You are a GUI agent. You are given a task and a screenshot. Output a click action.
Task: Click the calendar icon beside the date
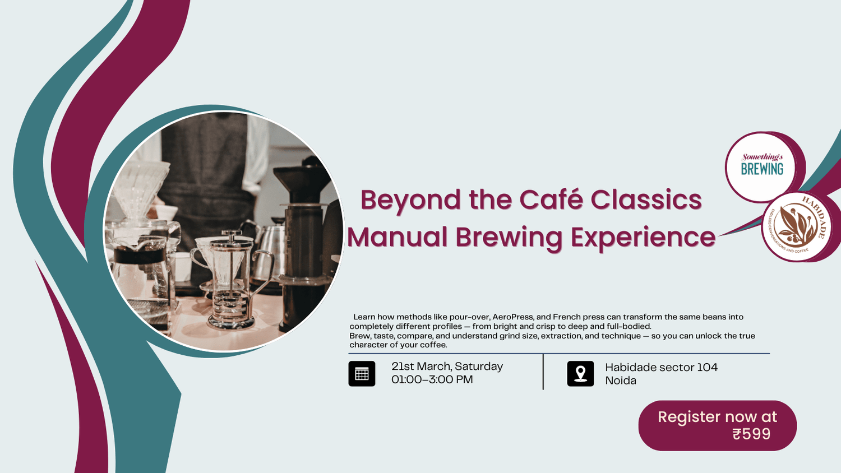362,374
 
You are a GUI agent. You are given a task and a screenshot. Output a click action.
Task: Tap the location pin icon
580,374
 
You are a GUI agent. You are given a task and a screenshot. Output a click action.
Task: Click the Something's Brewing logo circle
761,167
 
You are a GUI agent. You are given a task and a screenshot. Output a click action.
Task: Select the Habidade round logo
796,227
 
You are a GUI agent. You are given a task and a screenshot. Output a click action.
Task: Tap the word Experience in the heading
643,237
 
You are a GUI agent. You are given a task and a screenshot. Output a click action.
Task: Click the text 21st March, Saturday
447,367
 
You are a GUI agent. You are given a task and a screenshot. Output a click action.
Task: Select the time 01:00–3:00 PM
432,379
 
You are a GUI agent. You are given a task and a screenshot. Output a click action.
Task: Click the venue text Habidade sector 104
661,368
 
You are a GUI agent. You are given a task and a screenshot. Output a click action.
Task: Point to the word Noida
621,381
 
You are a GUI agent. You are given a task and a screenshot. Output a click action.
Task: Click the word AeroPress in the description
512,317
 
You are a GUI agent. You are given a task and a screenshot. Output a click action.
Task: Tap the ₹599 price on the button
751,434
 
